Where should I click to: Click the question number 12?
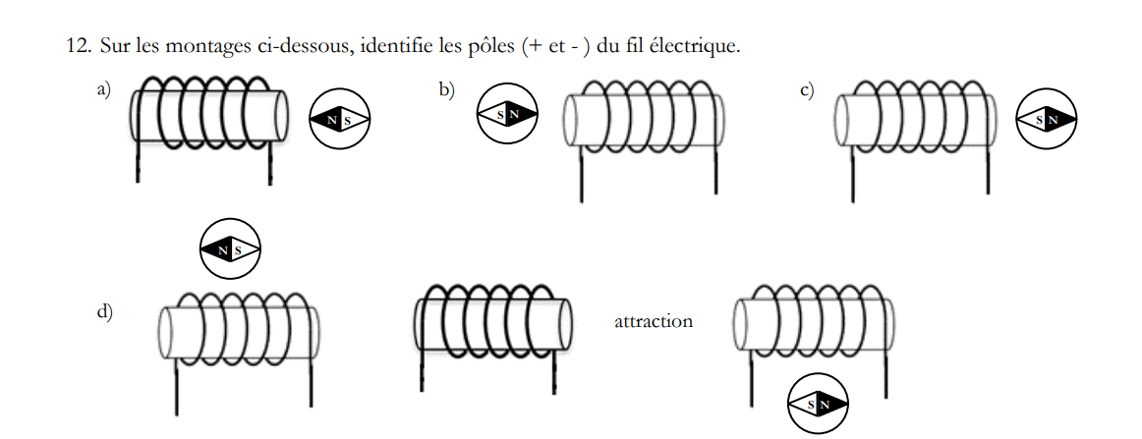pos(79,46)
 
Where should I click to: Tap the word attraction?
pos(653,321)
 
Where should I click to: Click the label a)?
pos(104,90)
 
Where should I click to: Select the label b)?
pos(447,90)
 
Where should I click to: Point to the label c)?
pos(807,90)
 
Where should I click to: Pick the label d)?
pos(104,312)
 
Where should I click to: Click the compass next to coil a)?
pos(341,120)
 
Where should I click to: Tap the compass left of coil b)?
pos(507,115)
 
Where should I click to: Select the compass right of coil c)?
pos(1046,120)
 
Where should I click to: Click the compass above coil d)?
pos(230,249)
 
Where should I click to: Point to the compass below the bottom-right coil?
pos(818,404)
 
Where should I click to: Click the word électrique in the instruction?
pos(696,46)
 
